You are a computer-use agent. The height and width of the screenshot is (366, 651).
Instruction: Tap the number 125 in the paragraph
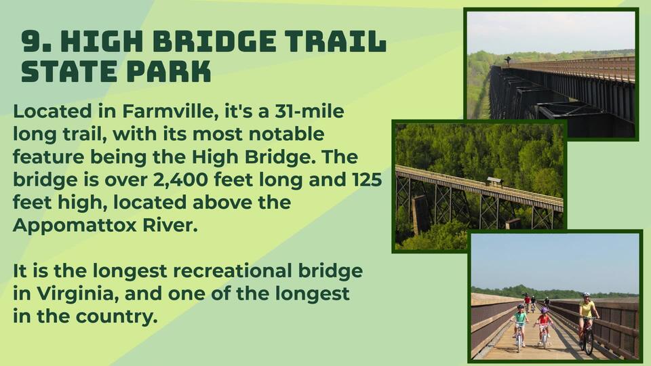click(x=367, y=179)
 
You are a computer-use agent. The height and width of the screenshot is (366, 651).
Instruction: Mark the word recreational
click(x=232, y=271)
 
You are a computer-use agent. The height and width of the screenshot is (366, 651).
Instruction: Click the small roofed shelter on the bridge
click(x=495, y=182)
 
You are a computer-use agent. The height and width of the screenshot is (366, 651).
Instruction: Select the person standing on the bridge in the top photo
click(x=507, y=60)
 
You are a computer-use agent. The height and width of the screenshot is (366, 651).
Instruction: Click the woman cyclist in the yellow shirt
click(x=587, y=314)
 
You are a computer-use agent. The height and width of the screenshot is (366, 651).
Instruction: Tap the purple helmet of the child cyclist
click(x=545, y=310)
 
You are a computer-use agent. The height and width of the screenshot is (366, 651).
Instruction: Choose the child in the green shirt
click(x=519, y=321)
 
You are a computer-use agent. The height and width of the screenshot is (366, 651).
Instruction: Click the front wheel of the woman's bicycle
click(x=589, y=340)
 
